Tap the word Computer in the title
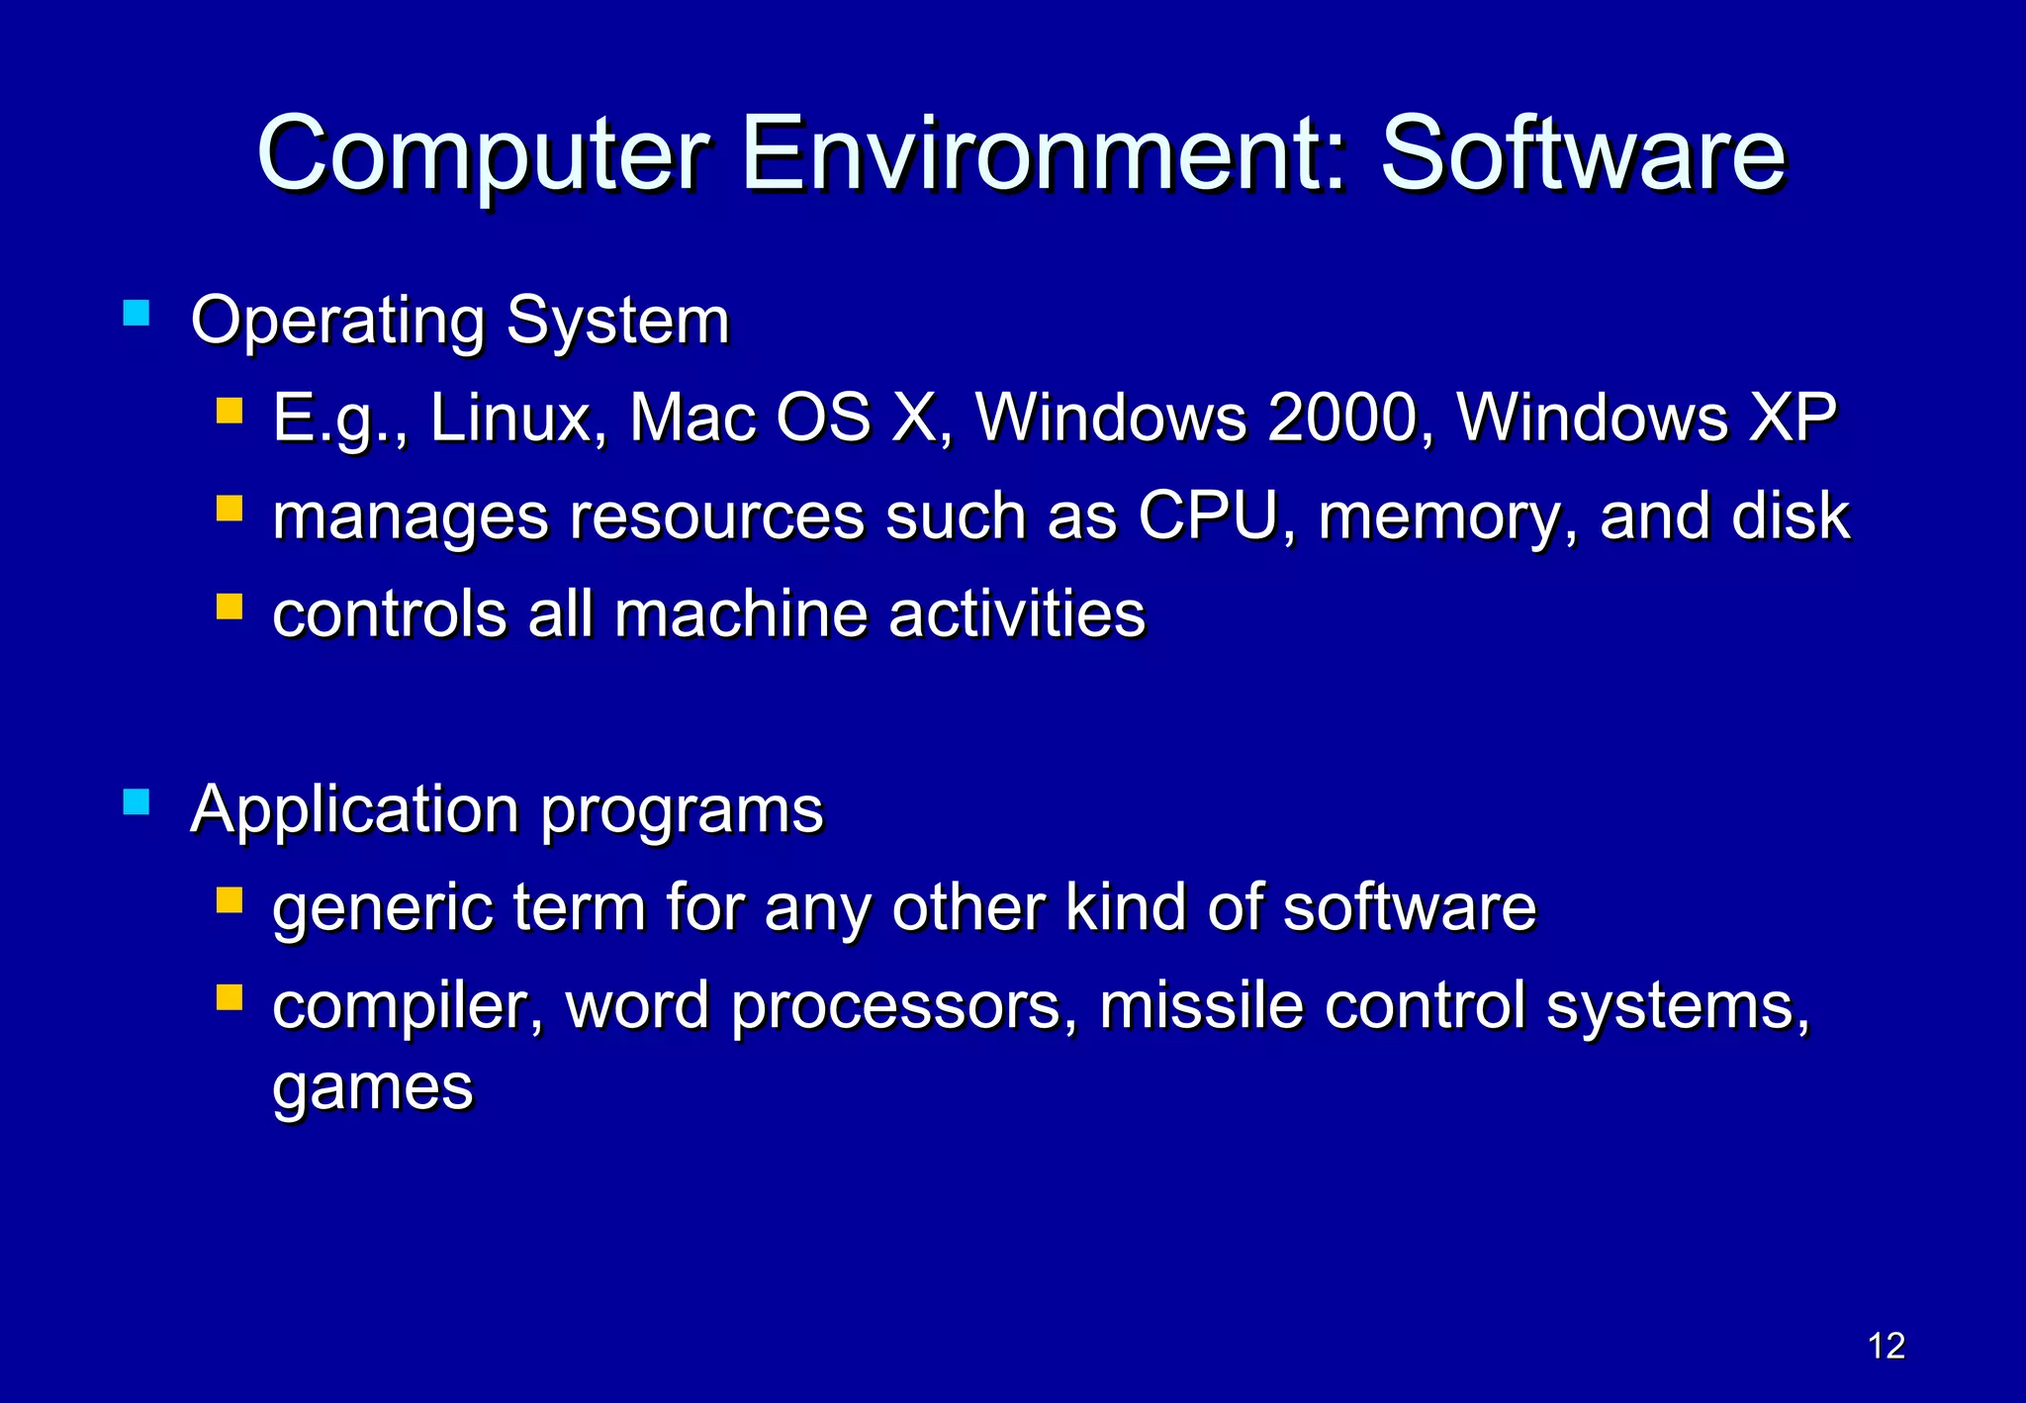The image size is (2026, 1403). pyautogui.click(x=484, y=155)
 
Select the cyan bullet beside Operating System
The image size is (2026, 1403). pyautogui.click(x=136, y=315)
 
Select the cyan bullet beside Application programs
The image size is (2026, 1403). pyautogui.click(x=136, y=801)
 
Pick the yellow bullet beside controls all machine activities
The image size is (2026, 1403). pyautogui.click(x=230, y=606)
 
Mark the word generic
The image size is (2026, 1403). pyautogui.click(x=382, y=909)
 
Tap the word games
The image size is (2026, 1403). pyautogui.click(x=373, y=1089)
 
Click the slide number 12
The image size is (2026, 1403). pyautogui.click(x=1887, y=1346)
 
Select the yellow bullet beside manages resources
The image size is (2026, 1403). pyautogui.click(x=230, y=509)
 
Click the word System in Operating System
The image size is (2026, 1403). pyautogui.click(x=617, y=322)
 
